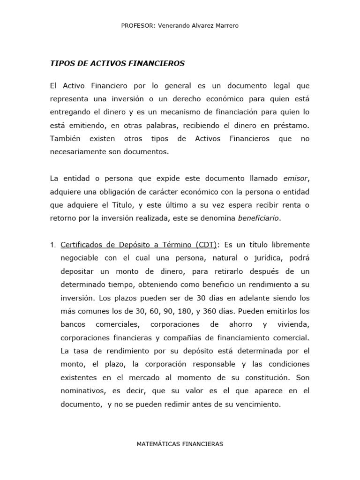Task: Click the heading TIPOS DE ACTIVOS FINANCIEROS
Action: [118, 63]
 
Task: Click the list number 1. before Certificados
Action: [53, 245]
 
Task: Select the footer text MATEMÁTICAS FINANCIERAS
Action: [180, 443]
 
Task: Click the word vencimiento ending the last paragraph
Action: [258, 404]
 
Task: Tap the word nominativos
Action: [82, 390]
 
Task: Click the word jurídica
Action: [262, 258]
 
